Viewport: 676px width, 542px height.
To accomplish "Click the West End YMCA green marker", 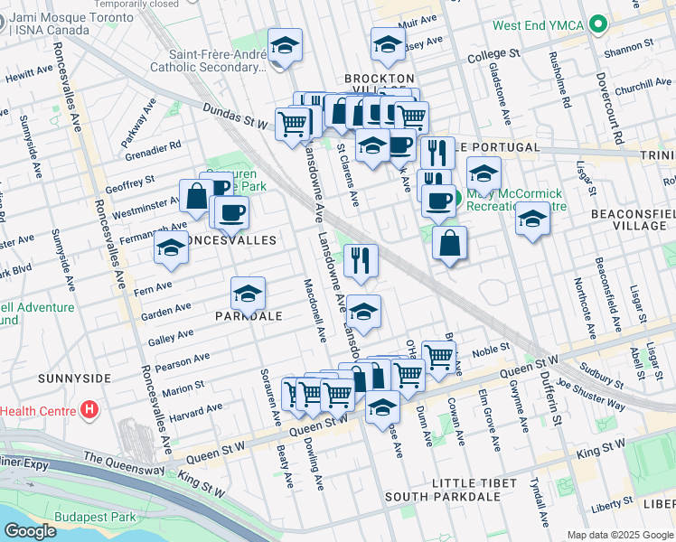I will click(597, 24).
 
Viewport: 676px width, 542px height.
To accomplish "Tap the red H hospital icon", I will click(89, 411).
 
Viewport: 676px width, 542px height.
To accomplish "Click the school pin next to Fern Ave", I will click(170, 248).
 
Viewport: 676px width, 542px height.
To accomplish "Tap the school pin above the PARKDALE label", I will click(248, 293).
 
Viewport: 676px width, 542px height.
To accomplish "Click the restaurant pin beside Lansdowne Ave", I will click(361, 260).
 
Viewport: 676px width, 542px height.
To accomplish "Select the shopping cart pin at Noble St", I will click(438, 357).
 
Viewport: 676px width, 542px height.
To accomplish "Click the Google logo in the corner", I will click(31, 531).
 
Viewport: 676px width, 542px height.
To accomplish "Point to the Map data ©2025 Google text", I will click(620, 535).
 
